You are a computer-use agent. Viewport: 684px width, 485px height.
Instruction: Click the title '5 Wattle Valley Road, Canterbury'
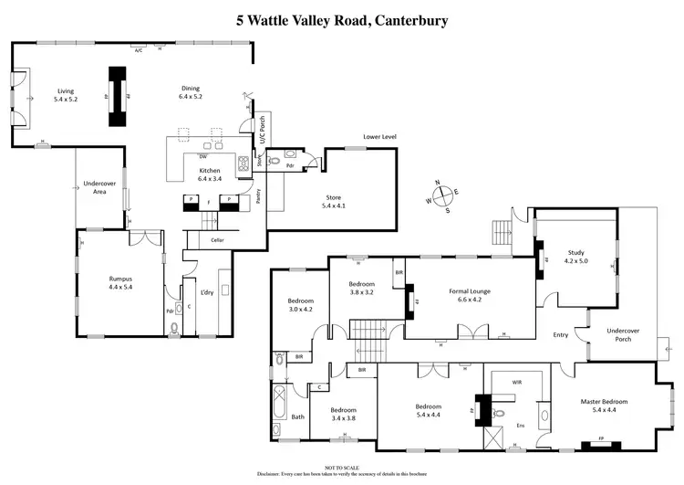point(342,19)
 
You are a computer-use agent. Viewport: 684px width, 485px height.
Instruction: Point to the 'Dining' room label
point(191,91)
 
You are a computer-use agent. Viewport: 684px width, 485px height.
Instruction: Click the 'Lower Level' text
point(379,136)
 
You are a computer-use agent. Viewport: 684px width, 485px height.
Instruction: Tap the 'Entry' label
point(560,335)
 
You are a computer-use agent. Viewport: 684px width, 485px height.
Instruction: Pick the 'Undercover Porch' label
point(624,333)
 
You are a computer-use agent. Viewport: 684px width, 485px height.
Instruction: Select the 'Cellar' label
point(217,240)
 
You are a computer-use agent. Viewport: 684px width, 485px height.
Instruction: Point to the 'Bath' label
point(297,417)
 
